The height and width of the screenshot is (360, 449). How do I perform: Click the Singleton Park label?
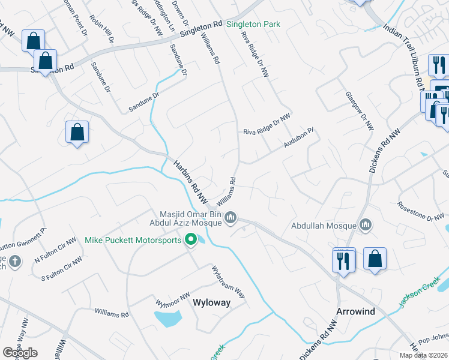coord(253,25)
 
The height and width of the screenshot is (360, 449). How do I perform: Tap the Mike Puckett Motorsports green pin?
coord(191,241)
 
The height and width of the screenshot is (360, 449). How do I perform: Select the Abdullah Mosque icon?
coord(366,226)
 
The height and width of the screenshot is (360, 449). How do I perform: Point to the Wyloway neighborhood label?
coord(211,303)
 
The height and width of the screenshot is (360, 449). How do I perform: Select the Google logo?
coord(20,353)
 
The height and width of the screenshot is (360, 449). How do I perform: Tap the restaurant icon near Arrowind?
coord(344,260)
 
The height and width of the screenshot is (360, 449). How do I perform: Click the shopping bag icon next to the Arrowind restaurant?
coord(375,259)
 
